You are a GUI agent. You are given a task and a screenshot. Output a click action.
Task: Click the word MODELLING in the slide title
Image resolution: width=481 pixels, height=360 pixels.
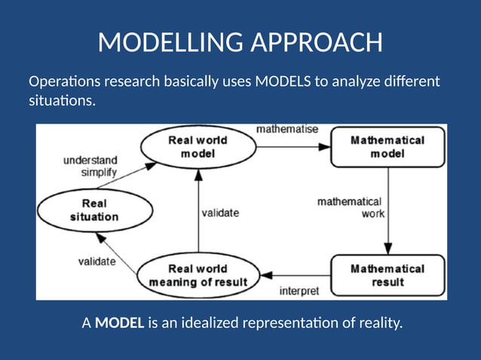(171, 43)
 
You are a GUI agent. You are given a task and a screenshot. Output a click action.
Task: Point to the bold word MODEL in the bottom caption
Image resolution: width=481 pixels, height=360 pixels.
(120, 324)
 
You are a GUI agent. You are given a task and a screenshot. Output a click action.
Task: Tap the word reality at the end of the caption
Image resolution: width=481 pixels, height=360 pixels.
(379, 324)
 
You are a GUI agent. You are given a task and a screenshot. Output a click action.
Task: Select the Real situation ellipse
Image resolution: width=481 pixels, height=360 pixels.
(90, 210)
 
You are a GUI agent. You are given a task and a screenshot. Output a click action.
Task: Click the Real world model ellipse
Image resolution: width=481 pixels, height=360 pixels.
(197, 147)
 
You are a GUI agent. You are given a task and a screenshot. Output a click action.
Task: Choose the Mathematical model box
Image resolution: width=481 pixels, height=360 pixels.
(388, 147)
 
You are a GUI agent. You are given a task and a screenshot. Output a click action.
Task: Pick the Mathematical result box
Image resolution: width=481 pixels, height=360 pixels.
(388, 275)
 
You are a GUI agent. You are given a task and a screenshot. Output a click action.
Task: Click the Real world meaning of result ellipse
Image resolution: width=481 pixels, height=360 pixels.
(198, 276)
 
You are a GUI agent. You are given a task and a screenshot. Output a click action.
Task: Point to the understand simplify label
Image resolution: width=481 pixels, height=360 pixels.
(90, 166)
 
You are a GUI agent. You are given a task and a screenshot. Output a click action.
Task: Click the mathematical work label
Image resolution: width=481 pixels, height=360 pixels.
(350, 207)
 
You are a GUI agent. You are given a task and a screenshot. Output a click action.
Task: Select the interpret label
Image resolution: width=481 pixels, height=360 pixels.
(299, 290)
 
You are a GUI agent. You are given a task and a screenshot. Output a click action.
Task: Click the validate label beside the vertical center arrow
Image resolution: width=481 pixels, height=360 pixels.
(220, 213)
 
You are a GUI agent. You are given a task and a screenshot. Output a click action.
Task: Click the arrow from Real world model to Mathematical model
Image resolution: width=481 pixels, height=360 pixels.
(294, 147)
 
